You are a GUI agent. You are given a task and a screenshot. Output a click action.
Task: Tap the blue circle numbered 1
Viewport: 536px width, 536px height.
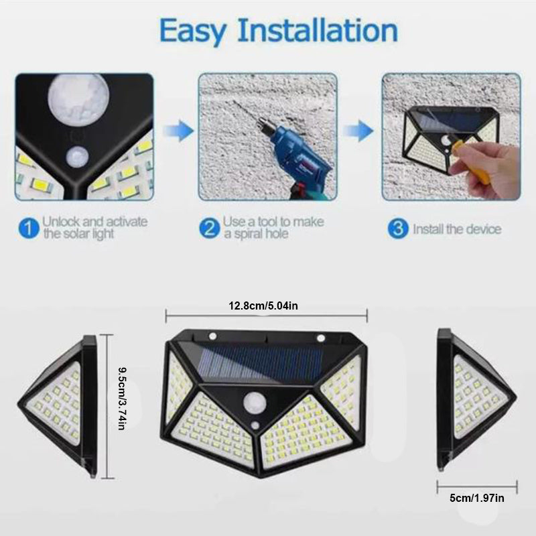28,228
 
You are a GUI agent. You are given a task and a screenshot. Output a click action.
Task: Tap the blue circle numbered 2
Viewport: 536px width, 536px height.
210,228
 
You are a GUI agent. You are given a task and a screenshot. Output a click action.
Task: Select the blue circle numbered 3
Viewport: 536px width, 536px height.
398,228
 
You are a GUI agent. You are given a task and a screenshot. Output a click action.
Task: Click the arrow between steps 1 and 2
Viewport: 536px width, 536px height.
178,129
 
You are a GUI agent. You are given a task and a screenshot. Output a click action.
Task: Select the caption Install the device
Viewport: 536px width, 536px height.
456,229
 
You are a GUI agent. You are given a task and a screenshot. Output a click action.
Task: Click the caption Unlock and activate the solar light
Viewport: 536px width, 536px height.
94,228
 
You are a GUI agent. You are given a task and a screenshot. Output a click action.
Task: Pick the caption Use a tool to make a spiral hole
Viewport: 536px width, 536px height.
274,228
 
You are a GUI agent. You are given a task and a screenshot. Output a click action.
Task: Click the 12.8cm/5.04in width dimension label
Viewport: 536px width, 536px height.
267,306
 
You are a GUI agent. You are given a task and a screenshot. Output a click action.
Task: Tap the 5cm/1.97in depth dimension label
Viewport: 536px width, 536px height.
477,498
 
